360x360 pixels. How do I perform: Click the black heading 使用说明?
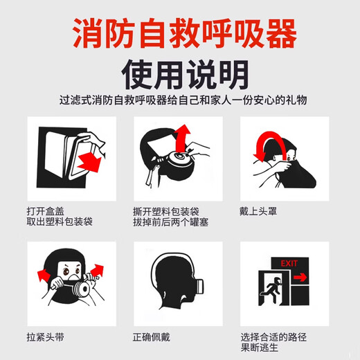coord(180,74)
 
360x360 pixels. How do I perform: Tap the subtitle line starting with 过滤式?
coord(180,101)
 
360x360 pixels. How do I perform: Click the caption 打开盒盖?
coord(44,211)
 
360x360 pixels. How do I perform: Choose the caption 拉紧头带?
coord(44,337)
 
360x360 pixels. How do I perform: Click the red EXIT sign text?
coord(289,263)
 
